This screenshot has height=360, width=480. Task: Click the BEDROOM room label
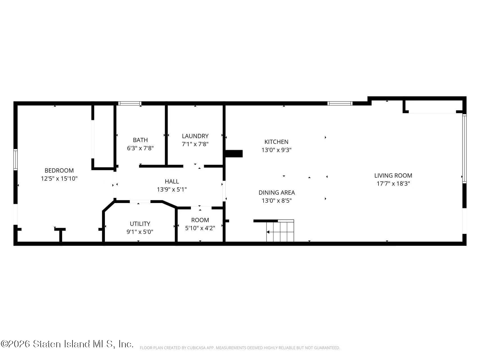pos(59,170)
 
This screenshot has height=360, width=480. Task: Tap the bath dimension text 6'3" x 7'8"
pos(140,148)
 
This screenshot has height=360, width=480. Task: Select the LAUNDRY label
pos(195,136)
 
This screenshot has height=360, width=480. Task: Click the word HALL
pos(172,181)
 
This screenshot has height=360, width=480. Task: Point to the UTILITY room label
pos(140,224)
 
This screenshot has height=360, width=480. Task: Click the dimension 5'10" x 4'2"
pos(200,228)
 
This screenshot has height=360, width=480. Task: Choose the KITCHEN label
pos(276,142)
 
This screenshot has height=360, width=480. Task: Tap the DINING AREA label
pos(277,193)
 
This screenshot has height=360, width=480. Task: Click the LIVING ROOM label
pos(393,175)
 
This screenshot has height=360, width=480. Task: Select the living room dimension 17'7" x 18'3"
pos(393,184)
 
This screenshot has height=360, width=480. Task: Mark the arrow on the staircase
pos(268,232)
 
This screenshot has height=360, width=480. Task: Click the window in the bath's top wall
pos(130,103)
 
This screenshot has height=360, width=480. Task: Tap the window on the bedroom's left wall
pos(15,159)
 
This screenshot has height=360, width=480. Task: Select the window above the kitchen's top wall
pos(340,103)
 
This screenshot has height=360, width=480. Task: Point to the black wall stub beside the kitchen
pos(234,154)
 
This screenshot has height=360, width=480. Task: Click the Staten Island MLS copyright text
pos(67,344)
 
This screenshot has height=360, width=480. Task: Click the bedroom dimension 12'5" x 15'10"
pos(59,179)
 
